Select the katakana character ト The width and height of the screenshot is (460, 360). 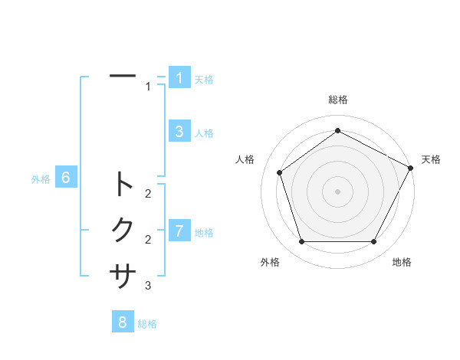click(123, 185)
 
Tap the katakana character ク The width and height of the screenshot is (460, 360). click(123, 229)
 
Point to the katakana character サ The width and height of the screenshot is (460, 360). click(123, 274)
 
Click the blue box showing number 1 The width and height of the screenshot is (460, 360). click(179, 78)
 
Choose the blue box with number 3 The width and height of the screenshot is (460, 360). click(179, 132)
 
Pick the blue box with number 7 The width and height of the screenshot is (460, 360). click(179, 231)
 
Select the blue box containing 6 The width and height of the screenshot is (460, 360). click(66, 178)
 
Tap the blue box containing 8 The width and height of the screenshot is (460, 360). click(123, 322)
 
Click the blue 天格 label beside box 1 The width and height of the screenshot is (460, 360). click(204, 80)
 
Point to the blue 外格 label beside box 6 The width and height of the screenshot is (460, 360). click(41, 179)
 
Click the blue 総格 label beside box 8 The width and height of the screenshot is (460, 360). click(147, 324)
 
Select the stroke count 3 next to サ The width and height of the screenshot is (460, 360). click(148, 286)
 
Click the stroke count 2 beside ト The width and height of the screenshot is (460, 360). click(148, 194)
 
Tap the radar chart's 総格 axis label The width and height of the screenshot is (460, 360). click(337, 100)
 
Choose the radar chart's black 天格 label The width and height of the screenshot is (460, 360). click(431, 159)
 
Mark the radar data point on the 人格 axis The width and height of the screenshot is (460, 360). click(279, 172)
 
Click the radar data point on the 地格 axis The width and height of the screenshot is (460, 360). click(373, 241)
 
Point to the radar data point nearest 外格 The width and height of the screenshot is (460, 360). click(301, 241)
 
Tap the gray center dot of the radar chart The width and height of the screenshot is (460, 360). click(337, 191)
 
